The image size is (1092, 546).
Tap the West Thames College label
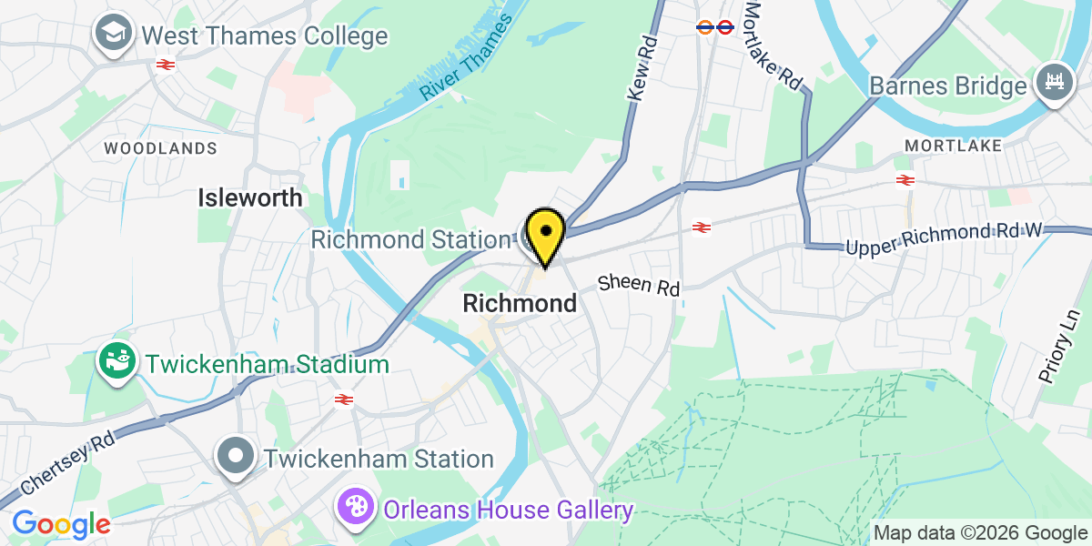(x=265, y=36)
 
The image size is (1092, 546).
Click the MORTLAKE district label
(x=954, y=146)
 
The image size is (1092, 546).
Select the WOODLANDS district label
(x=161, y=147)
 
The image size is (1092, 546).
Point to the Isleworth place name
(x=251, y=197)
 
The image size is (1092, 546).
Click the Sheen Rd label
(x=639, y=285)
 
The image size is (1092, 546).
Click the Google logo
(x=61, y=524)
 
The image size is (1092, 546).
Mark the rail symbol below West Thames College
(x=165, y=65)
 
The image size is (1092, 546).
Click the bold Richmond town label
(x=520, y=303)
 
